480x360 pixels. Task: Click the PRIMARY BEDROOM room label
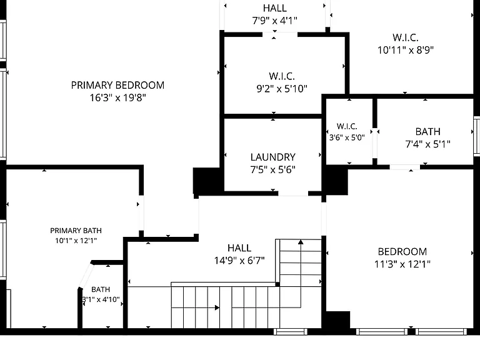pos(117,85)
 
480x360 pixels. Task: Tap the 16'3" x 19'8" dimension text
pos(117,97)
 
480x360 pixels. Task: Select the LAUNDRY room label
pos(272,157)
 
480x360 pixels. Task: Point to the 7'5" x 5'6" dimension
pos(272,169)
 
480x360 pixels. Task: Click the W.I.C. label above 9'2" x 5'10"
pos(282,76)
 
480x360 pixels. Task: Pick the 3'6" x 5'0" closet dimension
pos(347,137)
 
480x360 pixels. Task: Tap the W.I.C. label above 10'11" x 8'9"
pos(405,37)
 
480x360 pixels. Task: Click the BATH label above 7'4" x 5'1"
pos(427,132)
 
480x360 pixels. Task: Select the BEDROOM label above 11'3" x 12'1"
pos(402,252)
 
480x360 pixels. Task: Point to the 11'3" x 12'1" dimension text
pos(402,264)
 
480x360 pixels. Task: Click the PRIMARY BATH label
pos(76,231)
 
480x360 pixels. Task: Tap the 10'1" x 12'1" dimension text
pos(76,241)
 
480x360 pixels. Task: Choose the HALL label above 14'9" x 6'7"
pos(239,248)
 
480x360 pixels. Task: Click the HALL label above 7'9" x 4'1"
pos(275,8)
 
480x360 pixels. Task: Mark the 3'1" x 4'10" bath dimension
pos(101,299)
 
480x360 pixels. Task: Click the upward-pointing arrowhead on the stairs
pos(301,242)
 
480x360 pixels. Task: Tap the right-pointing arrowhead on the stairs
pos(217,307)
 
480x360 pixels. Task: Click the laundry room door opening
pos(293,194)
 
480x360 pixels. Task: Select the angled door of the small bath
pos(86,275)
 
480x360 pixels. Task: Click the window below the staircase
pos(290,331)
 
